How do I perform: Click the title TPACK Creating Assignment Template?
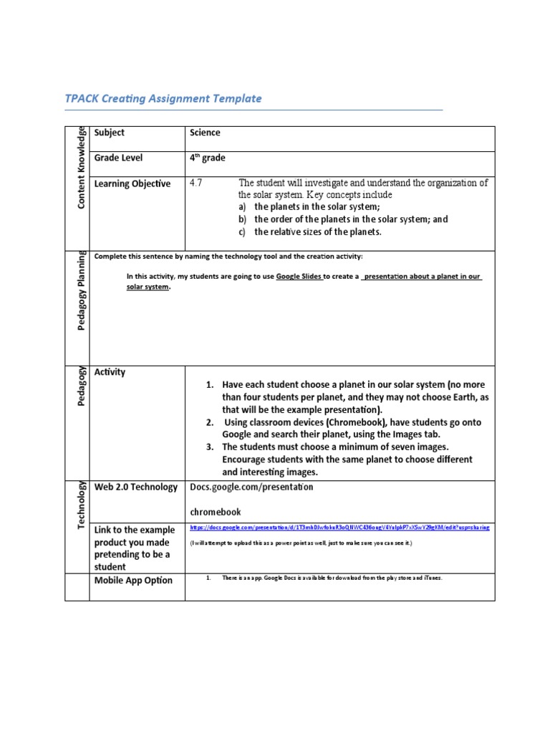point(165,99)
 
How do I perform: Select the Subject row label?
point(109,133)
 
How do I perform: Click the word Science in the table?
point(205,133)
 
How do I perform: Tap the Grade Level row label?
point(118,158)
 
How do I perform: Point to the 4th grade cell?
point(208,158)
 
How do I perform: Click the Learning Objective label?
point(132,183)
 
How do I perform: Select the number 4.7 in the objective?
point(196,183)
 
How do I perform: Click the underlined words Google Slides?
point(299,276)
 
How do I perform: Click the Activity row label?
point(110,372)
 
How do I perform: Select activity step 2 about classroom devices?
point(347,429)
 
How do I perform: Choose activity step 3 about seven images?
point(347,459)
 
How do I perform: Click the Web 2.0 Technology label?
point(136,487)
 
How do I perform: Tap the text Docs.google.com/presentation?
point(251,487)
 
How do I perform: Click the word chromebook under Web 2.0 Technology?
point(215,512)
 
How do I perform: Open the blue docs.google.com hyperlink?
point(339,527)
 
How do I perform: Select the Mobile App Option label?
point(133,581)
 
